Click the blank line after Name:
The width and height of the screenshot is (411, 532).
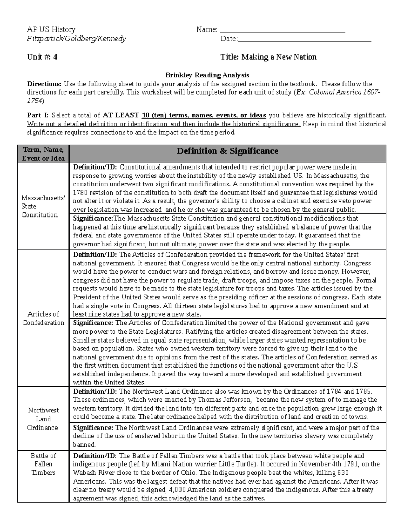coord(282,30)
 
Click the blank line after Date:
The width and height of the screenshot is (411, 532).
coord(304,39)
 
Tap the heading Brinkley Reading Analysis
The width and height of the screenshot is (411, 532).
coord(207,75)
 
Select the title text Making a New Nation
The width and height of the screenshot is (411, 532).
coord(279,57)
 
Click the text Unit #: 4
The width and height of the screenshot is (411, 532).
coord(42,57)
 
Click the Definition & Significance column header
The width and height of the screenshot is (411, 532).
coord(227,151)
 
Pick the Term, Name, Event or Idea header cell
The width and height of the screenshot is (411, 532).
coord(43,154)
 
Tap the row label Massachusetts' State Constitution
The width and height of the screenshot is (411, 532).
coord(43,206)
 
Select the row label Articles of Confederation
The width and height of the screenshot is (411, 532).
coord(43,318)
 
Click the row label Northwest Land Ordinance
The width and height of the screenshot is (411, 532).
coord(43,419)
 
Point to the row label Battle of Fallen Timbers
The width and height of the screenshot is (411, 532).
coord(43,464)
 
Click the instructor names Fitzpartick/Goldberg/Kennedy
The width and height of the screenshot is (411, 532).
coord(76,39)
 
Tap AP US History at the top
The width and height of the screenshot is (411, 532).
coord(51,29)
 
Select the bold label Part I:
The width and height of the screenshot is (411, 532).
coord(38,115)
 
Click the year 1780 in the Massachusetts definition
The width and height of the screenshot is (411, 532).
coord(80,193)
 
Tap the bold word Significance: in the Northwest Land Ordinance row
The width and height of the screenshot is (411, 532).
coord(93,428)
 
